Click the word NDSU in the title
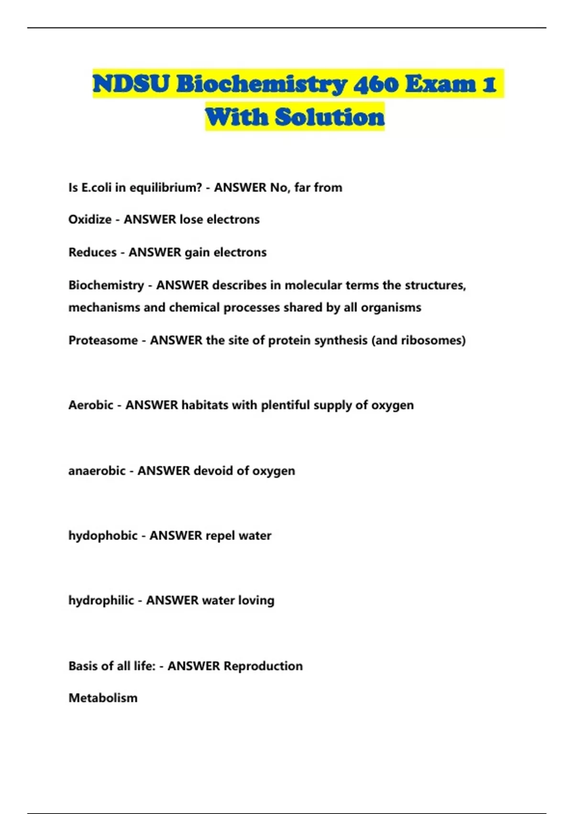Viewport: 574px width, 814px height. [131, 84]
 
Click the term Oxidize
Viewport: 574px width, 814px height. [90, 219]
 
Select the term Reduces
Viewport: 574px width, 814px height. [92, 252]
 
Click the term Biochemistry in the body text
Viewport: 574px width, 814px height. [106, 285]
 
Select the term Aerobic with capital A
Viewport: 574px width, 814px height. [91, 405]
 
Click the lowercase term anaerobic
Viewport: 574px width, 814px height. [97, 471]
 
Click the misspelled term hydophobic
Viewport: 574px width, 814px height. [103, 535]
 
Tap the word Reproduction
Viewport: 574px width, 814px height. [263, 666]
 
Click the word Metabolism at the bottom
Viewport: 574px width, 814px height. [103, 698]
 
